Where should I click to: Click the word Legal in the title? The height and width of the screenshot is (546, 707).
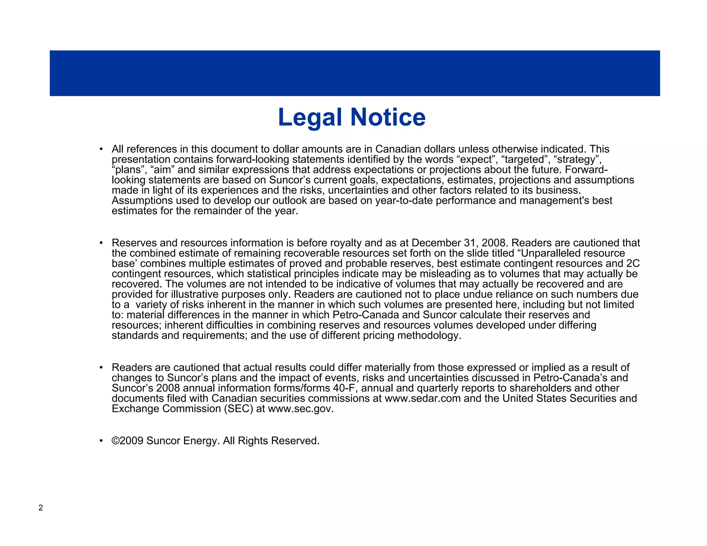click(310, 117)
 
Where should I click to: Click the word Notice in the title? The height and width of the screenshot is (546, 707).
click(388, 117)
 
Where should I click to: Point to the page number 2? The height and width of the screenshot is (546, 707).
click(41, 508)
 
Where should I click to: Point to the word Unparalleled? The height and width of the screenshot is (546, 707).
click(550, 253)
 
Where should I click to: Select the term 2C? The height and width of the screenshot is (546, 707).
click(633, 264)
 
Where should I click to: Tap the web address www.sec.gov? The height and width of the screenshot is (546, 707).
click(300, 409)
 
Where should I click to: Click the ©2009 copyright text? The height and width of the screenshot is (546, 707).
click(127, 441)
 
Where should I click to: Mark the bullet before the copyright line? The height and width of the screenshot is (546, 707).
click(101, 441)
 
